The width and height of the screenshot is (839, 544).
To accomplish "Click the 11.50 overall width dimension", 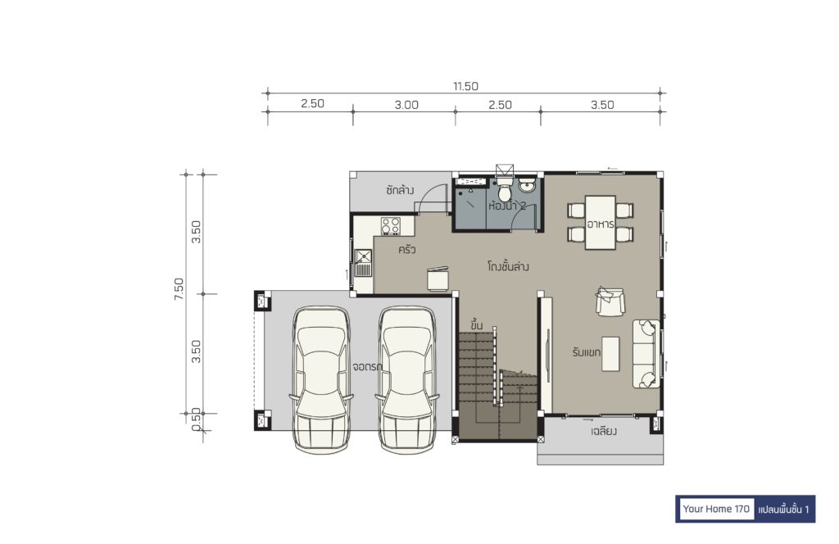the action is tap(465, 86).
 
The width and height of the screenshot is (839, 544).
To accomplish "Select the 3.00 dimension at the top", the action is tap(406, 105).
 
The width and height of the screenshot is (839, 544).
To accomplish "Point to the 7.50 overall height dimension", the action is tap(179, 289).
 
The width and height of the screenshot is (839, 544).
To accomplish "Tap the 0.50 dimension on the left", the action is tap(196, 419).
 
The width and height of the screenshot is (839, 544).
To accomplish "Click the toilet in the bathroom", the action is tap(504, 189).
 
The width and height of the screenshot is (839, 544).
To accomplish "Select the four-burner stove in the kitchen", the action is tap(391, 226).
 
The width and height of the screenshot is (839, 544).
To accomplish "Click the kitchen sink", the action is tap(363, 263).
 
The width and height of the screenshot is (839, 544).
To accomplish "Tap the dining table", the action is tap(601, 223).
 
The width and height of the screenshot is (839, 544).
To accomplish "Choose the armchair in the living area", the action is tap(610, 301).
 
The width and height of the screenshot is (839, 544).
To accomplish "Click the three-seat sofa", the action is tap(646, 354).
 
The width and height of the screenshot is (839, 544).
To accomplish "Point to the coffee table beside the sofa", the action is tap(610, 354).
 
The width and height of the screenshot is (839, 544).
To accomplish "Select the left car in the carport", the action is tap(321, 380).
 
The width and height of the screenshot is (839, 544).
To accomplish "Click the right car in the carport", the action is tap(407, 380).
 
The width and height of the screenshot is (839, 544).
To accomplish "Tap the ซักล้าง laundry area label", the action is tap(400, 190).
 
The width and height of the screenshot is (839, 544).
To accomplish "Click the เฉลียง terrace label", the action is tap(604, 431).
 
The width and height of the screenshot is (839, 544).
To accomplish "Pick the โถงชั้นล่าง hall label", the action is tap(508, 265).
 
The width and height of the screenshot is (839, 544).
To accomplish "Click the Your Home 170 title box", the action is tap(716, 509).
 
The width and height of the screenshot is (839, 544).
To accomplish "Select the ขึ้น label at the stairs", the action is tap(477, 324).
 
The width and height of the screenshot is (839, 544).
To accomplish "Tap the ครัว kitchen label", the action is tap(406, 249).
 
